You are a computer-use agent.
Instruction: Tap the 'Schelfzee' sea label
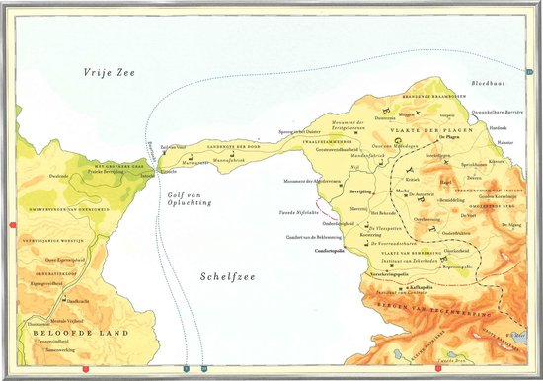coord(223,279)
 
